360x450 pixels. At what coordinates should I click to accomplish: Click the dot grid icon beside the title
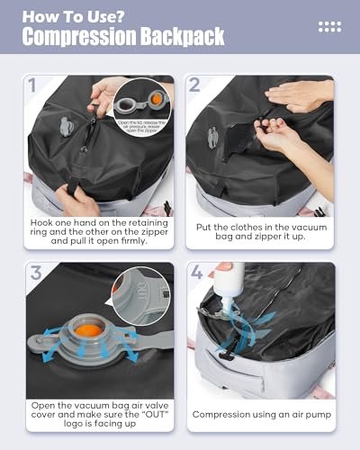[329, 27]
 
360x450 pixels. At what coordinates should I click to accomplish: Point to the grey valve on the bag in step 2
[213, 138]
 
